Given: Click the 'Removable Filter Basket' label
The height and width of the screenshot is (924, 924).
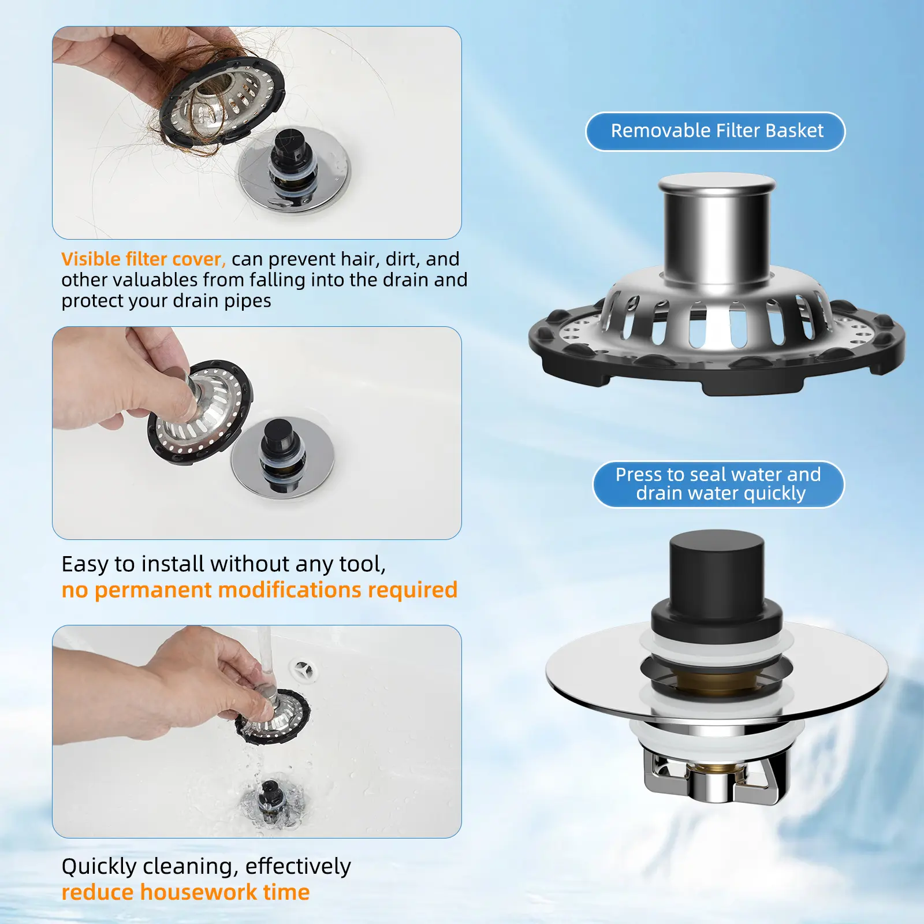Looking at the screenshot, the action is pyautogui.click(x=716, y=132).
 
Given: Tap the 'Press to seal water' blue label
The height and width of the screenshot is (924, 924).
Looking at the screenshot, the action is pyautogui.click(x=718, y=484).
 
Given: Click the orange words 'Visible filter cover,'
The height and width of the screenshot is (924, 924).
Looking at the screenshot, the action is pyautogui.click(x=143, y=259).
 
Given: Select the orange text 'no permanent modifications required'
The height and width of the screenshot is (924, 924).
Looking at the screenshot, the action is pyautogui.click(x=259, y=590).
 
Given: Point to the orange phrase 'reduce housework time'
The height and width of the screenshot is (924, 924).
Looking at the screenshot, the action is pyautogui.click(x=185, y=892).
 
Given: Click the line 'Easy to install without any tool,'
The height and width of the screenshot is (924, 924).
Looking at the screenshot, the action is pyautogui.click(x=223, y=564).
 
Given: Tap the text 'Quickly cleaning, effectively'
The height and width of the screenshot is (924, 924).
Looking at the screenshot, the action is pyautogui.click(x=206, y=867).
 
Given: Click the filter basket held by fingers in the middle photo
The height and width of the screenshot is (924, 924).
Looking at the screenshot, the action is pyautogui.click(x=200, y=412).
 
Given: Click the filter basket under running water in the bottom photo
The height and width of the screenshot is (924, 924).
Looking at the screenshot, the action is pyautogui.click(x=272, y=716).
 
